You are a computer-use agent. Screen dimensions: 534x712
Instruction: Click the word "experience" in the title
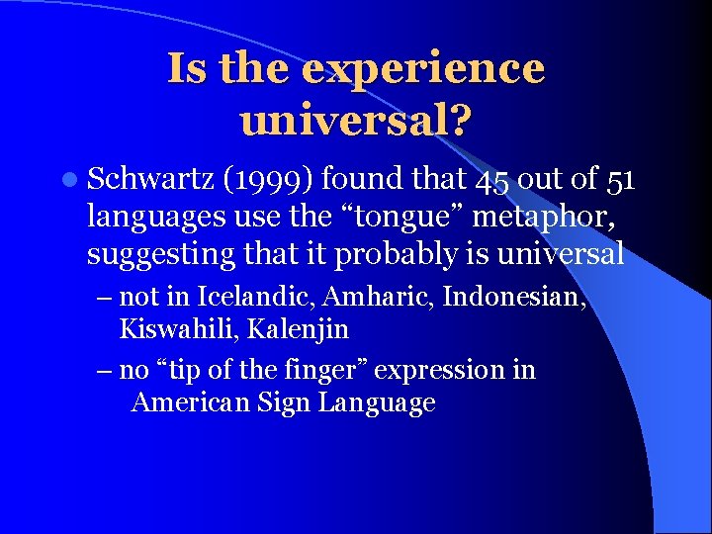423,69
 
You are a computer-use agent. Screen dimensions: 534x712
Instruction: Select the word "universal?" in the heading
356,121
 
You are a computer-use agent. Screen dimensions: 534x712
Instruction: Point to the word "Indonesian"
514,296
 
